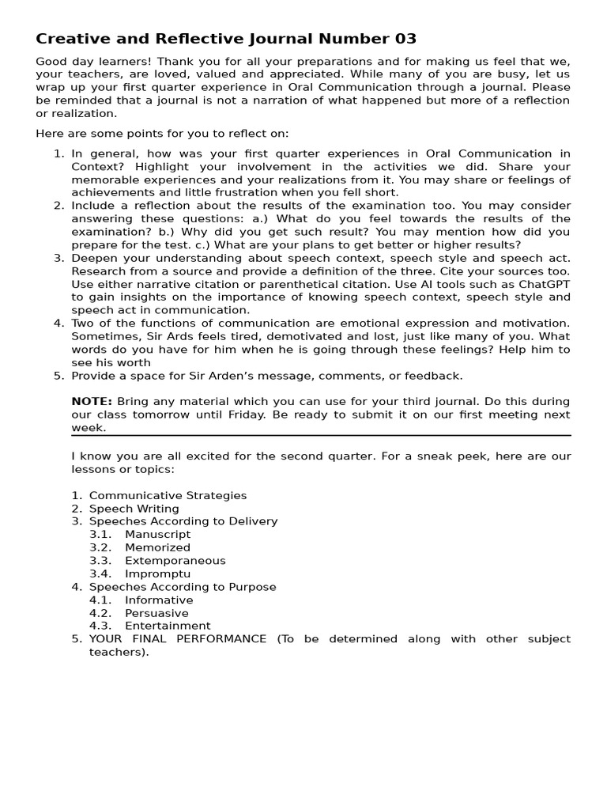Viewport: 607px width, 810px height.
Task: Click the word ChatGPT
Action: tap(541, 284)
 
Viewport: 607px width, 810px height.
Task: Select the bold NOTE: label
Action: tap(92, 402)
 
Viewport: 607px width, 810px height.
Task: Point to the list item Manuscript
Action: tap(157, 535)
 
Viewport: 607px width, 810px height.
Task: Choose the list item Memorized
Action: tap(157, 547)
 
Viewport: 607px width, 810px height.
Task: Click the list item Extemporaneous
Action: tap(175, 561)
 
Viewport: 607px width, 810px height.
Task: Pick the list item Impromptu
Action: tap(157, 573)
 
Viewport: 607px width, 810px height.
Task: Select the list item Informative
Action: tap(159, 600)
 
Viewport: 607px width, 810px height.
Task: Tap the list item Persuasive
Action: tap(156, 613)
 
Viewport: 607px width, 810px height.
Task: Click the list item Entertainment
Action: tap(168, 626)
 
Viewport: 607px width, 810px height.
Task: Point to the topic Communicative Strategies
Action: tap(168, 496)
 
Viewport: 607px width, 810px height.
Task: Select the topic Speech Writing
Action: tap(134, 509)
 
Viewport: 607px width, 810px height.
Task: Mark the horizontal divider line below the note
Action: tap(321, 435)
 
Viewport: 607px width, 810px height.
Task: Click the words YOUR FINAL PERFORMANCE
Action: tap(178, 639)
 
